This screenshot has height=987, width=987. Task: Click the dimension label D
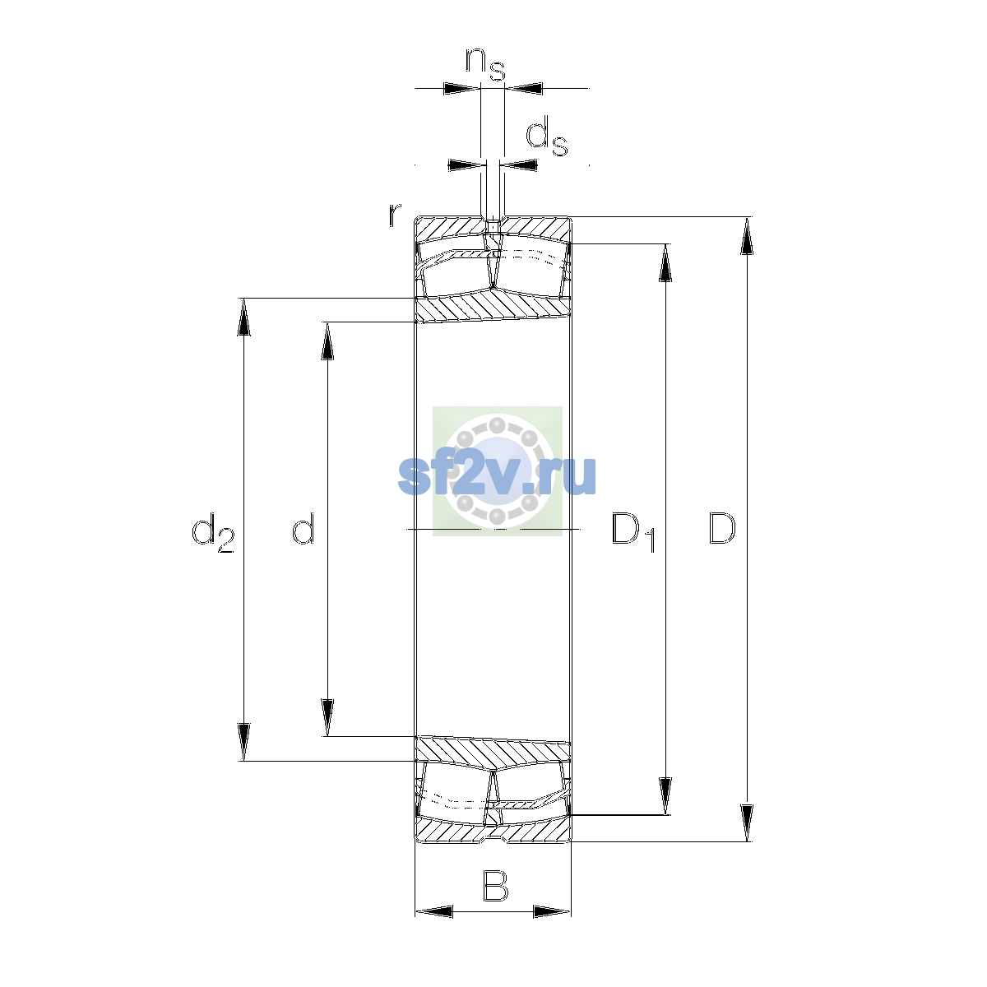721,528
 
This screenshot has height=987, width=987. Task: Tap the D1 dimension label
633,532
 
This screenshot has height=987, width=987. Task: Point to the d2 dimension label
212,532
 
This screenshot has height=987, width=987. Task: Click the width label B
495,886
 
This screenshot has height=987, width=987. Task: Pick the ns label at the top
485,64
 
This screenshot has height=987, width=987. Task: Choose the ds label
547,136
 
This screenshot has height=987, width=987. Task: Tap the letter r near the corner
395,215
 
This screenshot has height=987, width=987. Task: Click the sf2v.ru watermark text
497,475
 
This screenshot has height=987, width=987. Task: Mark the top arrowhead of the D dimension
747,235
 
